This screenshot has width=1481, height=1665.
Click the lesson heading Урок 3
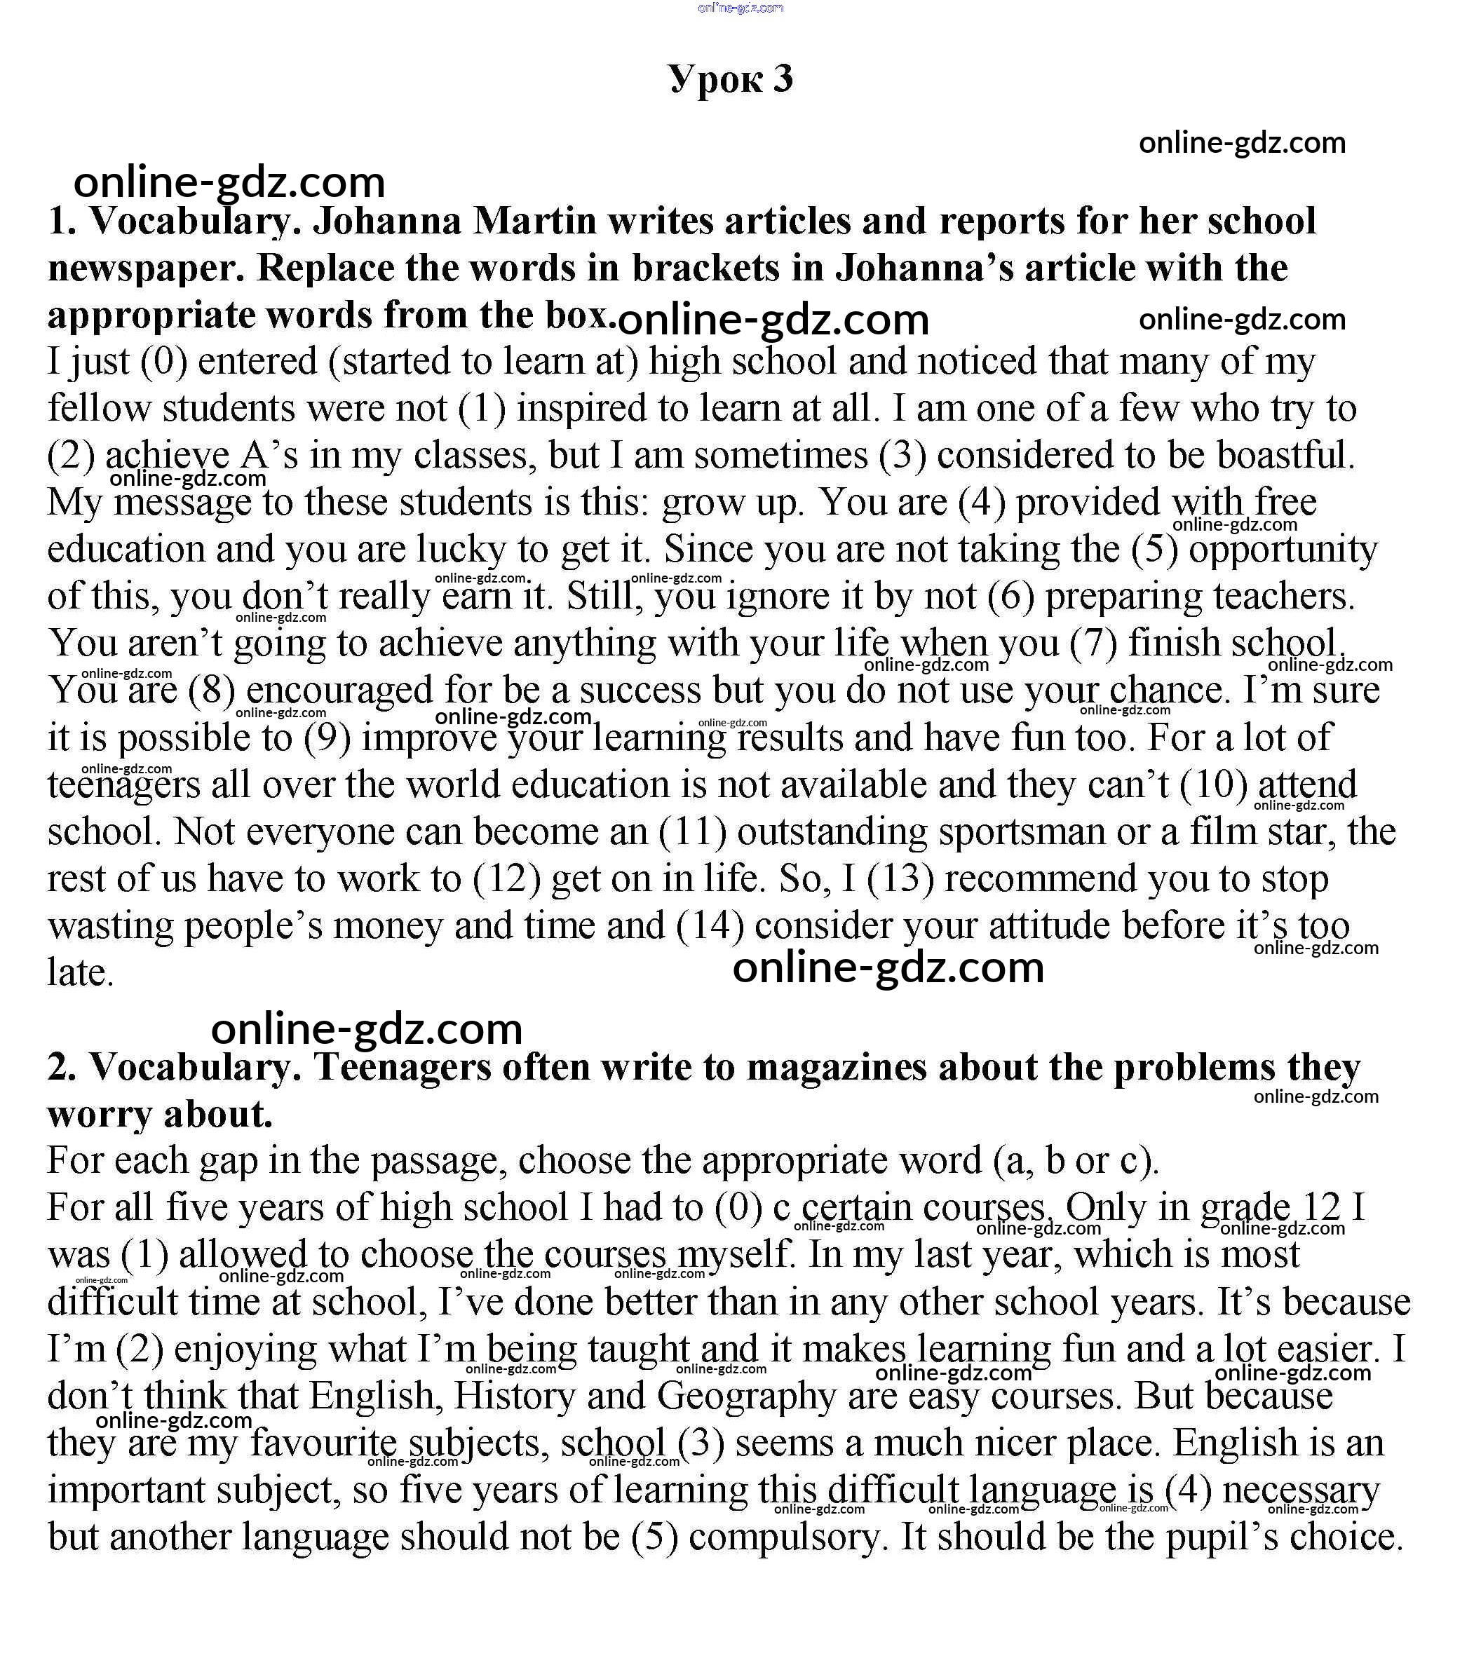tap(731, 79)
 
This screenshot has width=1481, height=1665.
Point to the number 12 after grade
tap(1321, 1208)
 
